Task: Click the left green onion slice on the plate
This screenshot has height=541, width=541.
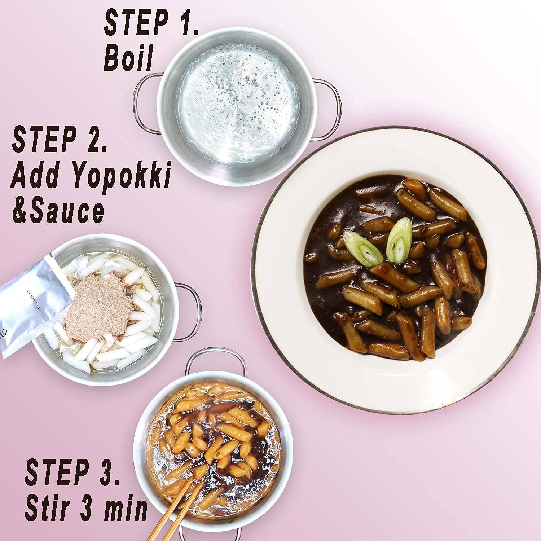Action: coord(362,248)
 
